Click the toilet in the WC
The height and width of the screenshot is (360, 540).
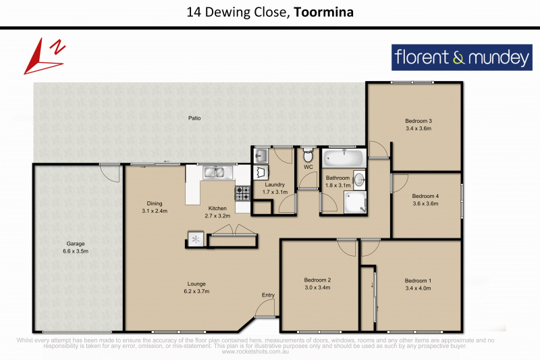(308, 153)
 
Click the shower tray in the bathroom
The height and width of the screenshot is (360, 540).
(356, 201)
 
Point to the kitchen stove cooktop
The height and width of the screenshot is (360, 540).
(243, 193)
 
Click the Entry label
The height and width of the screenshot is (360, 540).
(269, 295)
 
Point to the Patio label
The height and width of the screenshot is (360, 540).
(194, 118)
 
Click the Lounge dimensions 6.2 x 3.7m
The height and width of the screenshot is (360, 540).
(197, 291)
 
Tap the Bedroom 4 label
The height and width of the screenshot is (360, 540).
(425, 196)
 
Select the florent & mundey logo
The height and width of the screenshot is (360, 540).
(461, 58)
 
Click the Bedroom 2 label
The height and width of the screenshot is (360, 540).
(317, 280)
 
